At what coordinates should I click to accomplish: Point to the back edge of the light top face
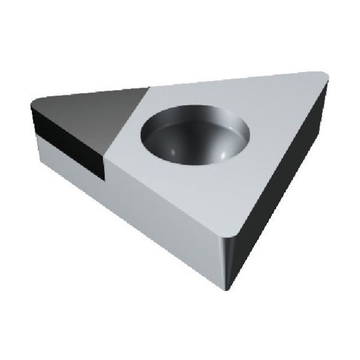pyautogui.click(x=234, y=80)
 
